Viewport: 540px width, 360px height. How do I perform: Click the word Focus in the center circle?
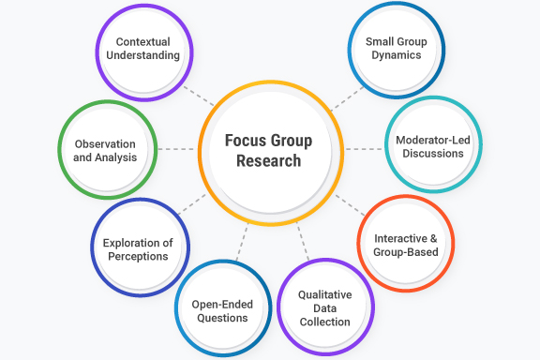click(247, 141)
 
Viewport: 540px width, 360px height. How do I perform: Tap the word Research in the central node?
click(269, 160)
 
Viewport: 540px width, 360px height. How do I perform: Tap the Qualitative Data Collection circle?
click(324, 307)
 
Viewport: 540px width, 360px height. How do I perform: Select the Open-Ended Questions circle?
click(220, 310)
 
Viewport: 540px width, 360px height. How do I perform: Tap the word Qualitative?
click(324, 293)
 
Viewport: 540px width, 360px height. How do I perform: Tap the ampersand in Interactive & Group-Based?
click(439, 238)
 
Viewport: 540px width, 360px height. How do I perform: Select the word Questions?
click(220, 318)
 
